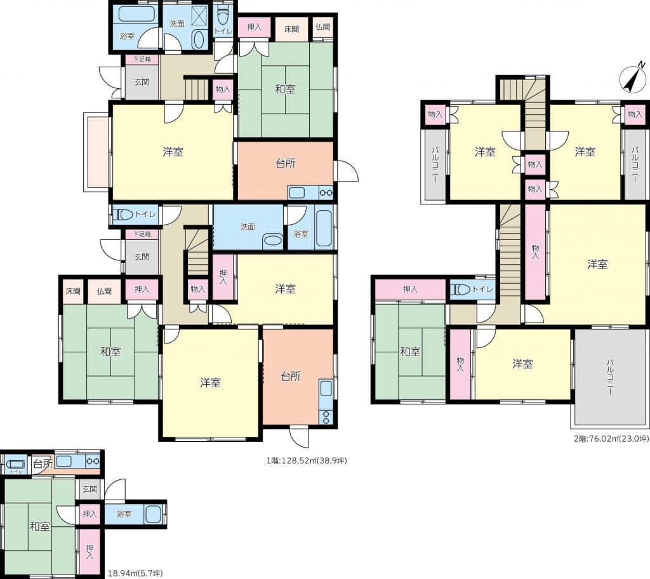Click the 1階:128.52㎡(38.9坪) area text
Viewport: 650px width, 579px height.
coord(307,460)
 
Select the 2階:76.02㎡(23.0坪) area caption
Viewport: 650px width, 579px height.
coord(611,439)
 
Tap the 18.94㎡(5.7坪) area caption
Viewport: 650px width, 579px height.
coord(135,573)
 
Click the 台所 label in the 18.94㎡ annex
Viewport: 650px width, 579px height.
coord(43,463)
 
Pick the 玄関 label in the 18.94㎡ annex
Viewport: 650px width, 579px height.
coord(90,489)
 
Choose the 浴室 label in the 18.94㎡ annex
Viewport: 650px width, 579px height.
coord(124,514)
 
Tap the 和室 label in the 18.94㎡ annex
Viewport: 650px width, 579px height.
coord(40,527)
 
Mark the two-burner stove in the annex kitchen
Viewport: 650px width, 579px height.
coord(93,461)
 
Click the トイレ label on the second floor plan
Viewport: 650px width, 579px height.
coord(483,289)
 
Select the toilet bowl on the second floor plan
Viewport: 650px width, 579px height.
coord(461,289)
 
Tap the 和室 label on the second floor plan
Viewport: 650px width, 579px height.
coord(411,352)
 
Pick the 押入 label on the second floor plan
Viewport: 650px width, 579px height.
coord(411,289)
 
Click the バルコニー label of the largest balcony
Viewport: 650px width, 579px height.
coord(610,377)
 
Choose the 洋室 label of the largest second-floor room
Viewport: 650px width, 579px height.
coord(597,263)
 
